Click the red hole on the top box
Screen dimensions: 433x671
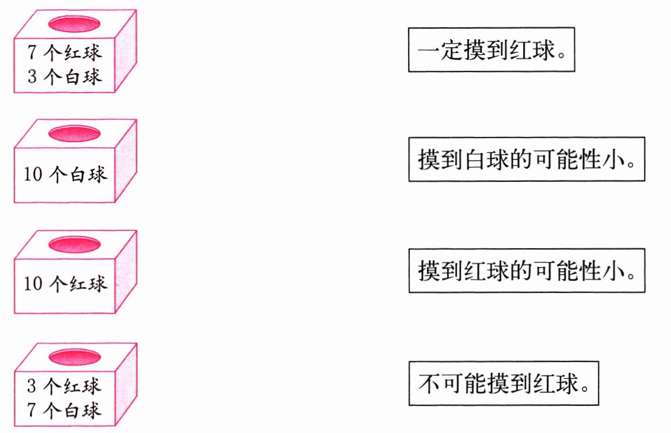pos(73,24)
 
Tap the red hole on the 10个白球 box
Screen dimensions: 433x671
pos(73,134)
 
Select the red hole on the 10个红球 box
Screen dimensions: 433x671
pos(73,245)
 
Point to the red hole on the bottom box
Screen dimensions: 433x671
pos(73,357)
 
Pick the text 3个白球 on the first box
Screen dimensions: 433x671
pos(64,75)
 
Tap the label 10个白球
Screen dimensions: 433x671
pos(65,174)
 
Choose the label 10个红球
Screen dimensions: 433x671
pos(65,284)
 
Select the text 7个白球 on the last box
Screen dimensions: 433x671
pos(64,409)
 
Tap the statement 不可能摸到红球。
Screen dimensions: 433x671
pos(504,383)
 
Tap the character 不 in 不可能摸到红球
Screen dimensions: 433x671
pos(429,383)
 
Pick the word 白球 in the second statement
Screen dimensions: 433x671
pos(483,159)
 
